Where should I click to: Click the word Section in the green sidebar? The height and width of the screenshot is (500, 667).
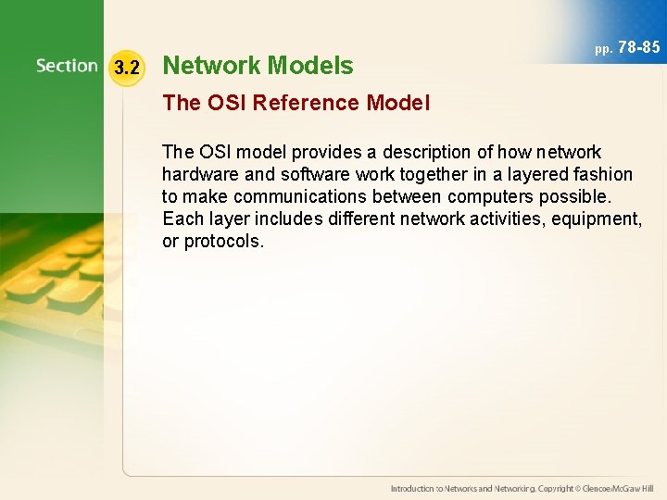pos(67,66)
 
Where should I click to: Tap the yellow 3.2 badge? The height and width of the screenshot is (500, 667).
pos(126,67)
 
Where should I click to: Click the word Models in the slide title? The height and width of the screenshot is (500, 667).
pos(310,66)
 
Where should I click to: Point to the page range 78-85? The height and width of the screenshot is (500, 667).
pos(639,46)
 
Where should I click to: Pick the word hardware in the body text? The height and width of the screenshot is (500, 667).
pos(198,174)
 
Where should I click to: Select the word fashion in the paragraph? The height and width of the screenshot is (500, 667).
pos(602,174)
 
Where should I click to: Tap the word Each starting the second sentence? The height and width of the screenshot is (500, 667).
pos(182,219)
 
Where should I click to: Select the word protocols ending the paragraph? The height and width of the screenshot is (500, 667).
pos(223,241)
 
